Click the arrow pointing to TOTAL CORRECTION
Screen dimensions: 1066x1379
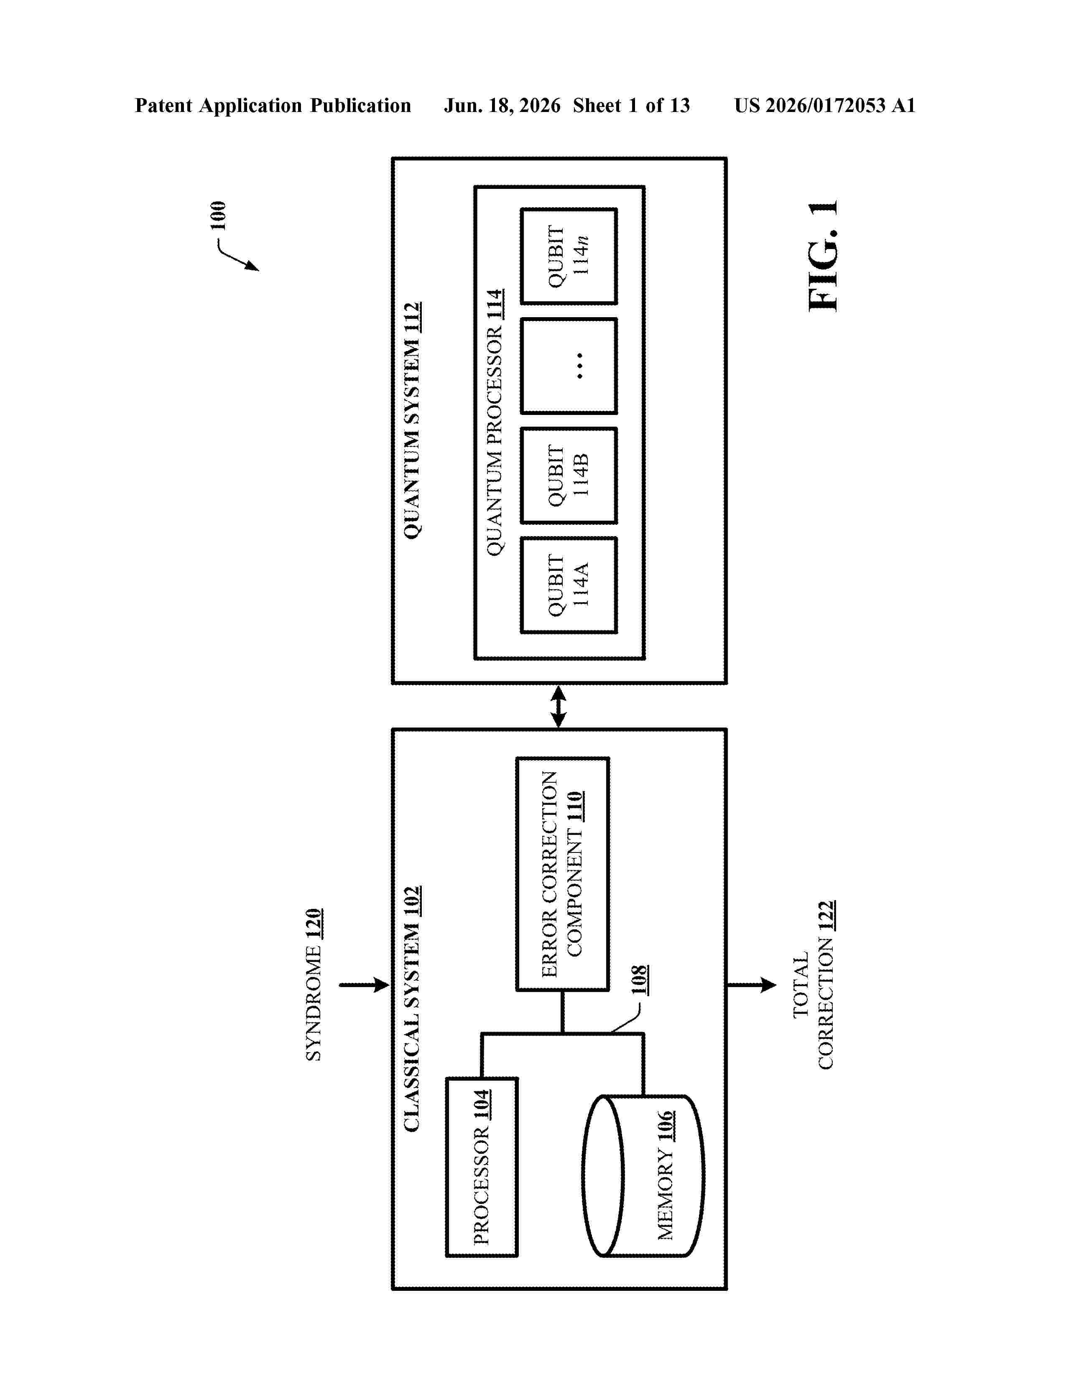[x=752, y=985]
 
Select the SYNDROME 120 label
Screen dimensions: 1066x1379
[x=314, y=985]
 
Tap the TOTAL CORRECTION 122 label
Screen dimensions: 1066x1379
[x=814, y=985]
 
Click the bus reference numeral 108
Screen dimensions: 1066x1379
[x=639, y=980]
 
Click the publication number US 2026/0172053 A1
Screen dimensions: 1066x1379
[x=825, y=105]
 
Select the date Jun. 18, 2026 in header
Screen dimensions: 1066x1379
[x=502, y=105]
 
